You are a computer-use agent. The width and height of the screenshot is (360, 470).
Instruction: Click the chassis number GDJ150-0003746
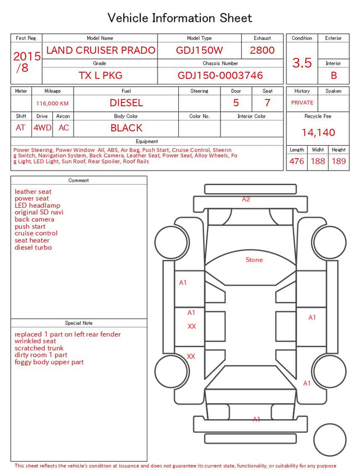coord(220,75)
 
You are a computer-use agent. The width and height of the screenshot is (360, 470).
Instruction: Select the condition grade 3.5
coord(302,62)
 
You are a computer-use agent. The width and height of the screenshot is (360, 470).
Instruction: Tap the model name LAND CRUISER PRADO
coord(101,50)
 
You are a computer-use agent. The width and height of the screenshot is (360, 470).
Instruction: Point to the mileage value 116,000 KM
coord(52,104)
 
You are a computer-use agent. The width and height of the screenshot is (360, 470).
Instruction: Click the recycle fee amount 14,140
coord(318,132)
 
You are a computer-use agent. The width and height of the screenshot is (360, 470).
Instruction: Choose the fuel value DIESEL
coord(126,103)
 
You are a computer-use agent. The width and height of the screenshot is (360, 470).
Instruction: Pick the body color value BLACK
coord(126,128)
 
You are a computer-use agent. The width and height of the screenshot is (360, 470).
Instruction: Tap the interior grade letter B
coord(334,75)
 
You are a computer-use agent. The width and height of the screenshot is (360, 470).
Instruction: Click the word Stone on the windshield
coord(254,260)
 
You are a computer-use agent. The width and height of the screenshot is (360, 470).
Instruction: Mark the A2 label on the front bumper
coord(246,199)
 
